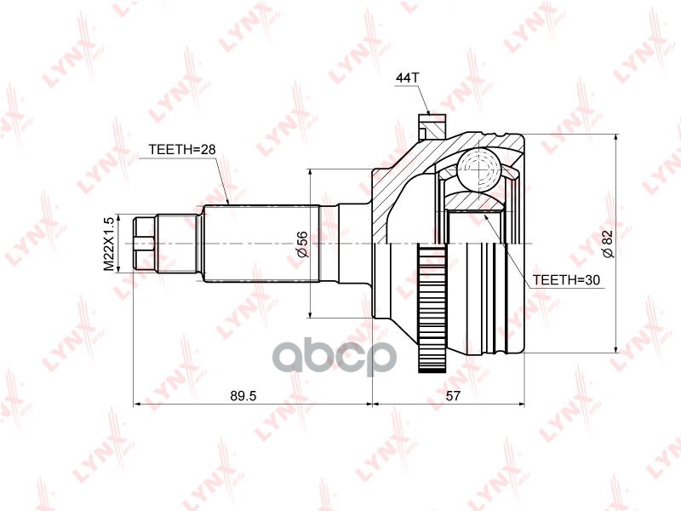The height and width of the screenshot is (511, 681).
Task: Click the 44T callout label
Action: pos(408,78)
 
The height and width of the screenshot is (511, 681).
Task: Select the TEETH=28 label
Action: pos(182,149)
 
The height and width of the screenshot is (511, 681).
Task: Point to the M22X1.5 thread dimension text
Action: pos(109,244)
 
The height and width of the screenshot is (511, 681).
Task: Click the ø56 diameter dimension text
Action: pos(300,244)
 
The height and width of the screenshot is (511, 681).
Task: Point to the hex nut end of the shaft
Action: pos(146,244)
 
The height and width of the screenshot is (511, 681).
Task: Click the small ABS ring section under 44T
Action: pos(431,126)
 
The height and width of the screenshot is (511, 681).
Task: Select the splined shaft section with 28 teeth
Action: pos(260,244)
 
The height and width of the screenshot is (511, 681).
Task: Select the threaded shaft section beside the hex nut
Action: pos(180,244)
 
